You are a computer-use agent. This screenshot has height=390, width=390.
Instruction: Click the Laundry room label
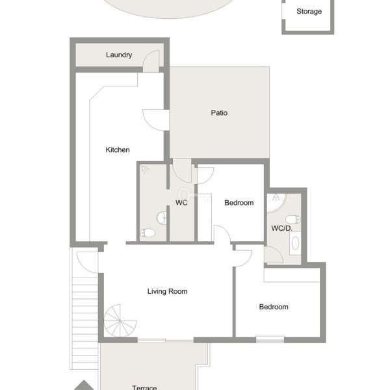(x=119, y=55)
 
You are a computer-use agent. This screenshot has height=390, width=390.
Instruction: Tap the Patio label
(x=219, y=113)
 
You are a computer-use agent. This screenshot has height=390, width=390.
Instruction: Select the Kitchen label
(x=118, y=149)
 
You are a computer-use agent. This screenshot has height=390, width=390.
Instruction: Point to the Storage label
(x=309, y=12)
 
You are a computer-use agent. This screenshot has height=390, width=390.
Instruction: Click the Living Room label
(x=168, y=291)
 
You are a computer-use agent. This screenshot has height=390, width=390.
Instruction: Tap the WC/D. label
(x=281, y=228)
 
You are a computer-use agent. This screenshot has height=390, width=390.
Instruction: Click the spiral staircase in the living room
(x=120, y=321)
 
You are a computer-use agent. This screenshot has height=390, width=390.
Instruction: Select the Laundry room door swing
(x=151, y=62)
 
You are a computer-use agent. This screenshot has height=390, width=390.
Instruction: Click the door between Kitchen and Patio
(x=156, y=120)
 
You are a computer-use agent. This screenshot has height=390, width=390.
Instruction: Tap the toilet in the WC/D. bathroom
(x=293, y=220)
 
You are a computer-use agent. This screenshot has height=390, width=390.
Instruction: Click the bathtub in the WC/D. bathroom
(x=295, y=243)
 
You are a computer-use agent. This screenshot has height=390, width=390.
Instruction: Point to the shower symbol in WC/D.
(x=276, y=198)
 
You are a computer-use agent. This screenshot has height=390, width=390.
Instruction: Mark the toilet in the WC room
(x=148, y=233)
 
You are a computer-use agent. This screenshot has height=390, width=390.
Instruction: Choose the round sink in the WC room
(x=162, y=218)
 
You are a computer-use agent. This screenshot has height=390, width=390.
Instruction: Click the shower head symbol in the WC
(x=145, y=170)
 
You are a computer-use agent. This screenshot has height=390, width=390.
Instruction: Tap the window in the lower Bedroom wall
(x=270, y=339)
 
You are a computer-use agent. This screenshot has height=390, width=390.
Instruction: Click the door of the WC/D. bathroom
(x=274, y=255)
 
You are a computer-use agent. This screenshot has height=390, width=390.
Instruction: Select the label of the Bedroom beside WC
(x=239, y=203)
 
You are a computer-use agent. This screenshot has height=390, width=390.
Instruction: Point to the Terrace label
(x=144, y=387)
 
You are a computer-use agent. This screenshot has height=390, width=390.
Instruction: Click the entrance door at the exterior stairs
(x=88, y=262)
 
